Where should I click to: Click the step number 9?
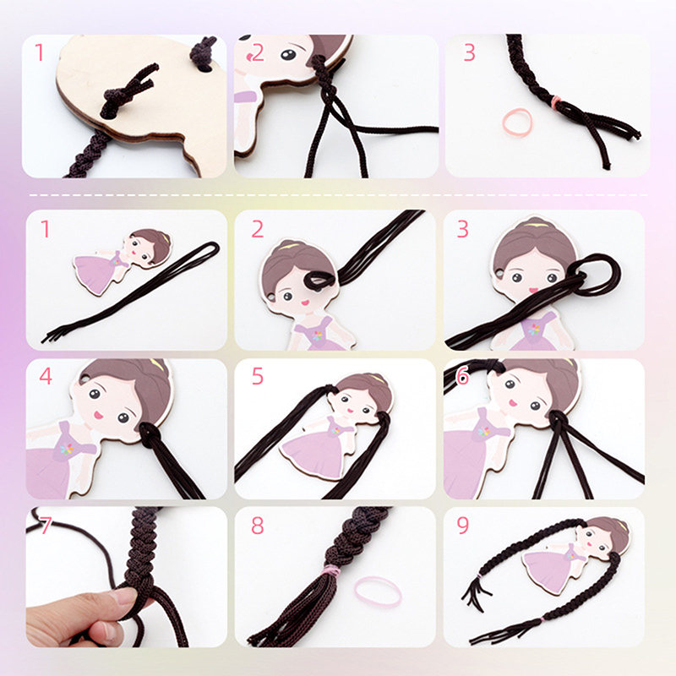[462, 525]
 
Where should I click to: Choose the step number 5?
[258, 376]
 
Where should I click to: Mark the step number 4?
[46, 376]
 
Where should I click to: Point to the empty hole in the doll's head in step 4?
[83, 379]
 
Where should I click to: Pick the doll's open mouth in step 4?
[98, 415]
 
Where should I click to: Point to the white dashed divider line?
[339, 195]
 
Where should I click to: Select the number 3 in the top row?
[469, 52]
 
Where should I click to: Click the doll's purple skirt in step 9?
[544, 568]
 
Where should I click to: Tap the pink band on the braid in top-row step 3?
[557, 102]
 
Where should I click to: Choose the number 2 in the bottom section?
[258, 229]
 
